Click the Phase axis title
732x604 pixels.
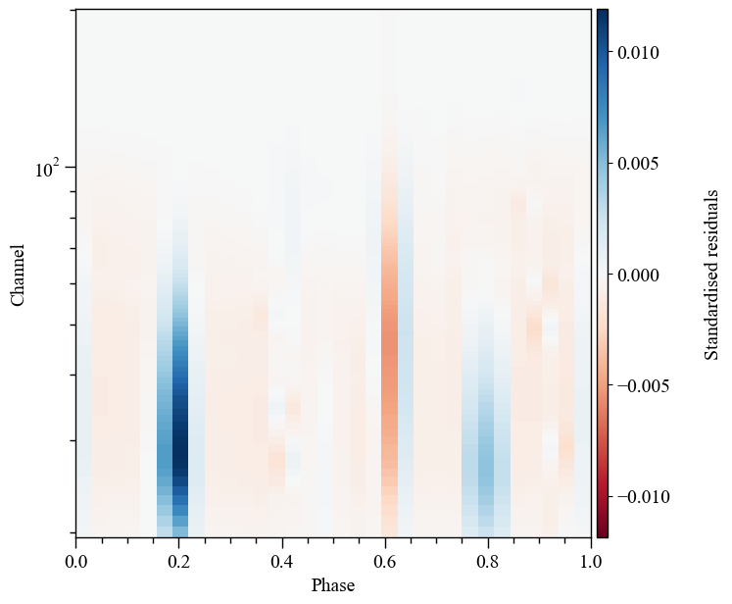coord(333,585)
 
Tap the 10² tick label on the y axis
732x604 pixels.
coord(48,169)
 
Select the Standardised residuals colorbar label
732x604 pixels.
coord(712,275)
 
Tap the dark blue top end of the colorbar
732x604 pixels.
coord(602,17)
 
